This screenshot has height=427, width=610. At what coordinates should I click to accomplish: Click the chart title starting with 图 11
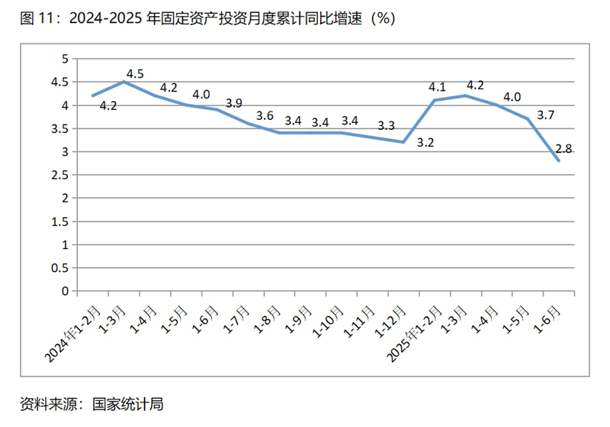207,18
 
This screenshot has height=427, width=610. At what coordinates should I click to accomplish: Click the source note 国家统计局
92,404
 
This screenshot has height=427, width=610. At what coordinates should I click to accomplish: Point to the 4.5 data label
135,74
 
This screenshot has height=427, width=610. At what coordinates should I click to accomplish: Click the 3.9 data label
235,103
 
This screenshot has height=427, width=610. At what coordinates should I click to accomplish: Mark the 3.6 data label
265,116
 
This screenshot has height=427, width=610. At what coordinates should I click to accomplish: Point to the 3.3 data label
386,125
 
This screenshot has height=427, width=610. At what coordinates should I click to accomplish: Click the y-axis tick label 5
66,59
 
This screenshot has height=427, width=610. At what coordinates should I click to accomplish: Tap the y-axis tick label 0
66,291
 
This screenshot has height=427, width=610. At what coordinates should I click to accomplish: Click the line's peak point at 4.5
124,82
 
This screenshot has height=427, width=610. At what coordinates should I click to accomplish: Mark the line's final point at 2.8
559,160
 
